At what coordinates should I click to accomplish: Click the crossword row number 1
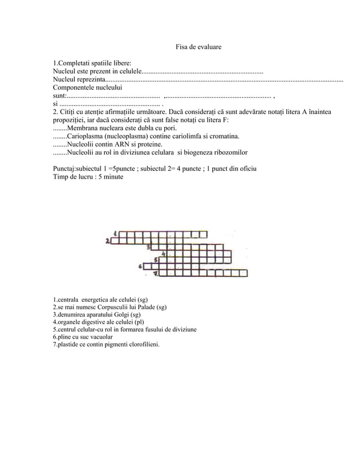[x=116, y=233]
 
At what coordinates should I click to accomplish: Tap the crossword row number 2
[x=107, y=241]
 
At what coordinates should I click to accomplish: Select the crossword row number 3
[x=148, y=247]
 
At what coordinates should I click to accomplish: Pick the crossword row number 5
[x=156, y=261]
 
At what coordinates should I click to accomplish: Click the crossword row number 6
[x=139, y=266]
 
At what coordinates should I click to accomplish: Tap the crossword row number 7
[x=156, y=274]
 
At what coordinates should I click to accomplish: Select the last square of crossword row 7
[x=243, y=274]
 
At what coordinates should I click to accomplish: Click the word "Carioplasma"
[x=85, y=137]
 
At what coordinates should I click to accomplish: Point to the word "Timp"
[x=61, y=177]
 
